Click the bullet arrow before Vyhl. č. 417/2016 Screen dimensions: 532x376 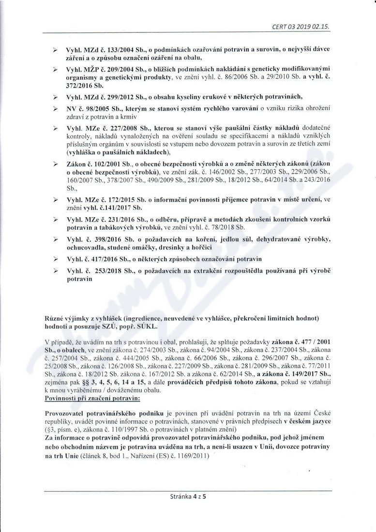pyautogui.click(x=55, y=259)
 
